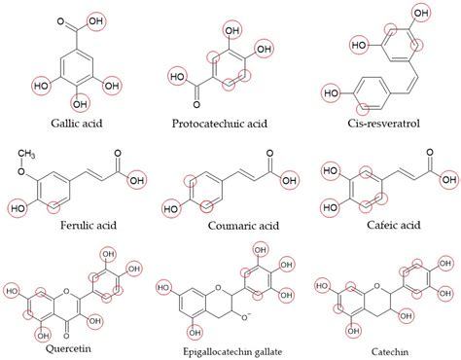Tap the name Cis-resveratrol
387,124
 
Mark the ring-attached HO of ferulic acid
18,207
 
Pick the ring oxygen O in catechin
372,261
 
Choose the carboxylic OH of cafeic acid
445,179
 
